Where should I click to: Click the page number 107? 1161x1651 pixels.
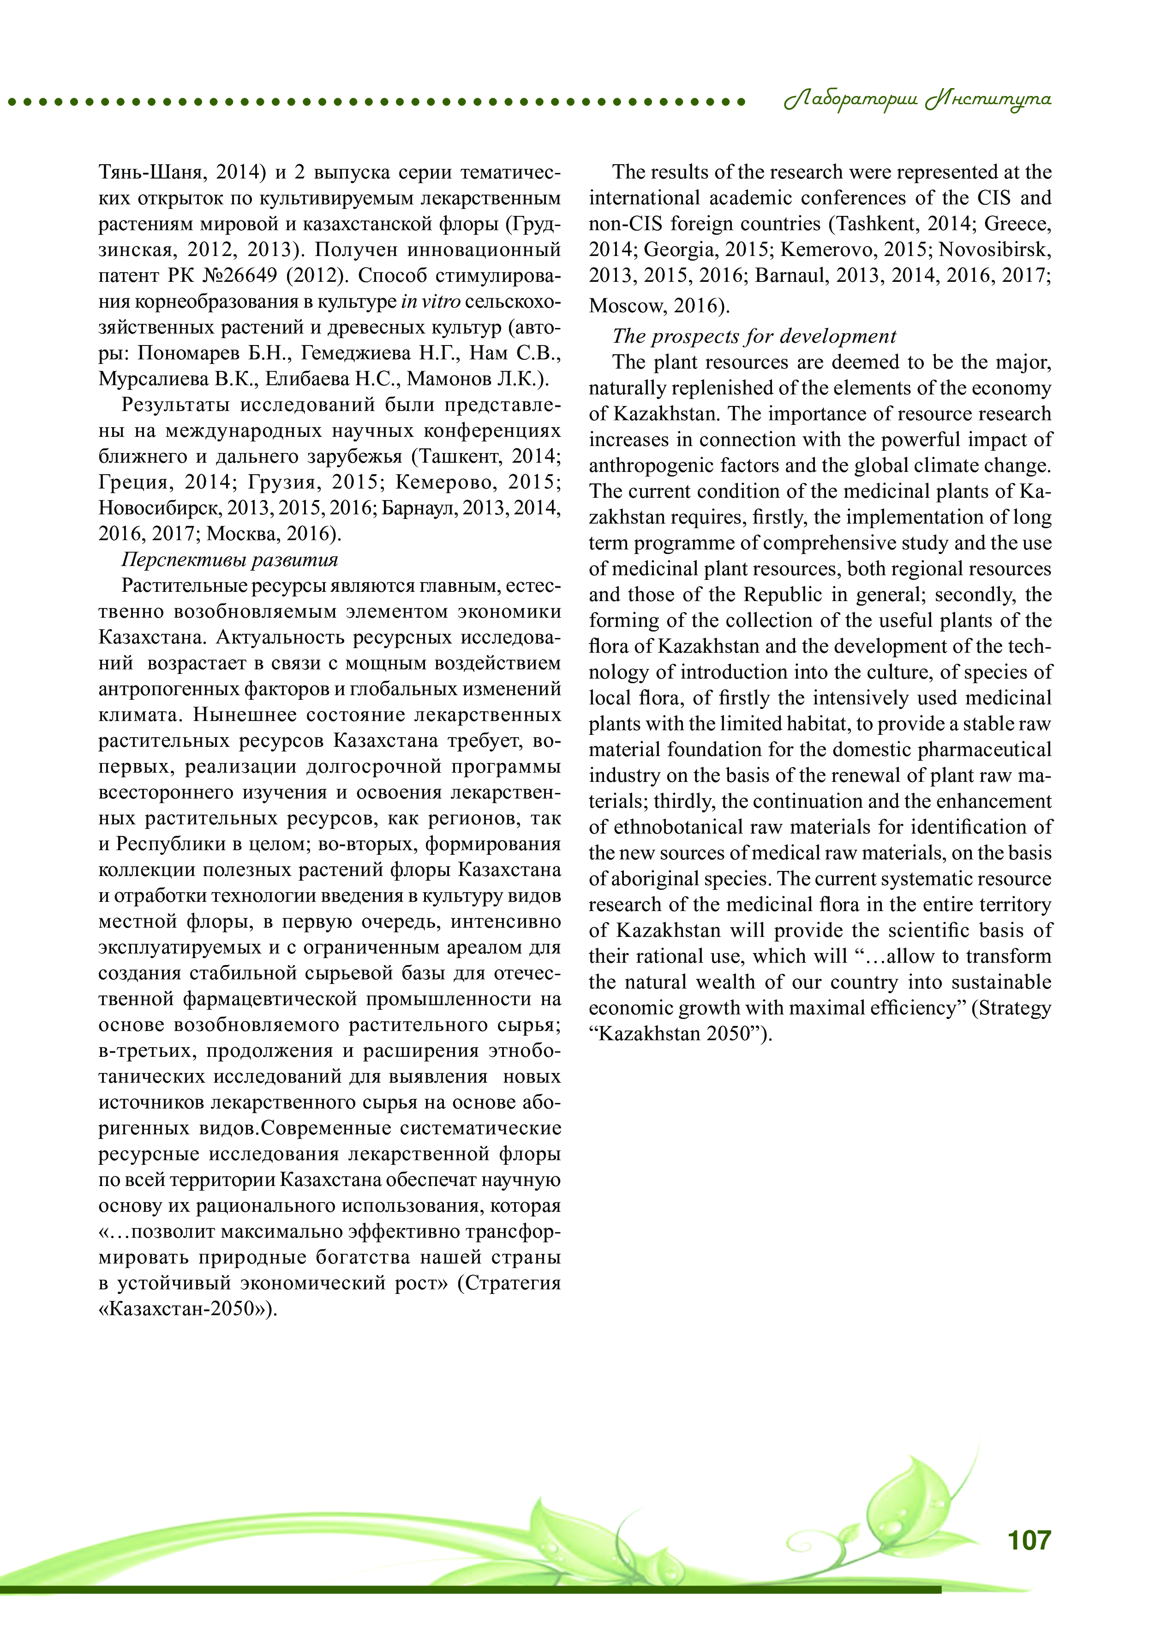point(1029,1540)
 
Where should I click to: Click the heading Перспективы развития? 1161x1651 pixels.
point(229,560)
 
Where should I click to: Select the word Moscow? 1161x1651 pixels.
point(623,305)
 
